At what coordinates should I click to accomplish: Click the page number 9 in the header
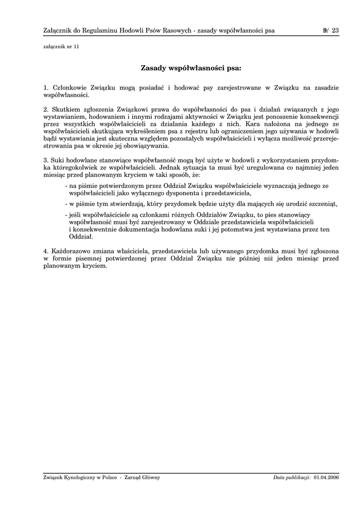point(325,30)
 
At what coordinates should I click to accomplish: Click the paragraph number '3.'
point(46,161)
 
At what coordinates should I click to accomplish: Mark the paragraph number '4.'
point(46,251)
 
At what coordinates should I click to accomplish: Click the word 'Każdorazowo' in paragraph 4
point(72,251)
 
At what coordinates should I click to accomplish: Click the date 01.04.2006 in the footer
point(326,478)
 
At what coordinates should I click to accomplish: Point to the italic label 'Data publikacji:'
point(292,478)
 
